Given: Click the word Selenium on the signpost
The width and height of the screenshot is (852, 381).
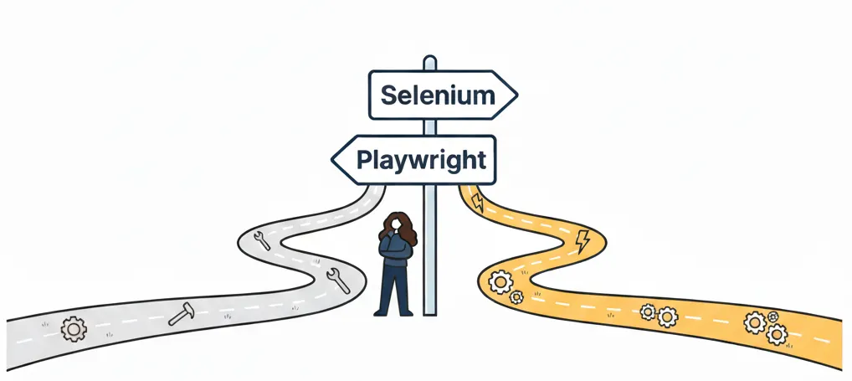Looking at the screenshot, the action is [438, 95].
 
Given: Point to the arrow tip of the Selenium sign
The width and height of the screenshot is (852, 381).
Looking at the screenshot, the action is [516, 95].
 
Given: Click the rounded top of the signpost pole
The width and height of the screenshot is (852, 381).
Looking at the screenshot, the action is [429, 60].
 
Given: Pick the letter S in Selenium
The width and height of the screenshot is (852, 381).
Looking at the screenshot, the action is [388, 95].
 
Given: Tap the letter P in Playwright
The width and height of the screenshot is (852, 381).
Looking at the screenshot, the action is [365, 157].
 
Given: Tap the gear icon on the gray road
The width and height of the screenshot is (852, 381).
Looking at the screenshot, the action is [73, 329].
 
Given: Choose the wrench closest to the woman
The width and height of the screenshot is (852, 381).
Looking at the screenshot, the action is [337, 280].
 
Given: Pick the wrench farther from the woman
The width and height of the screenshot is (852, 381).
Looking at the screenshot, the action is [261, 240].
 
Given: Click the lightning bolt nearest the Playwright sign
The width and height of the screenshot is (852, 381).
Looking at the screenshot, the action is [478, 202].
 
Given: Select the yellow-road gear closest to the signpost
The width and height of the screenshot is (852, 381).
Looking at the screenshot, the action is [500, 283].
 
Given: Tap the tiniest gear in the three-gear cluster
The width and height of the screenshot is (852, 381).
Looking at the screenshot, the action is [772, 317].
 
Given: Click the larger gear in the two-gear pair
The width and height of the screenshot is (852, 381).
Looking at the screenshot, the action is [667, 316].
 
